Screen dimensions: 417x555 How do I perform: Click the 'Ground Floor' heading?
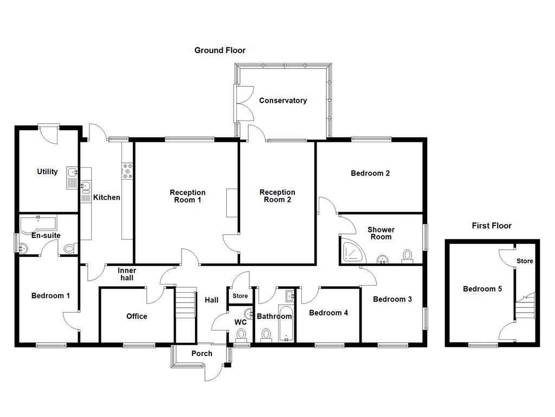click(220, 50)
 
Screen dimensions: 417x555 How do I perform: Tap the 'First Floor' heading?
click(491, 226)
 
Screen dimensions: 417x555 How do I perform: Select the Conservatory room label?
click(282, 100)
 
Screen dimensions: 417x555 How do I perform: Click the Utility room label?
click(47, 172)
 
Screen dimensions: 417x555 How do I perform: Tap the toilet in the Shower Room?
click(407, 256)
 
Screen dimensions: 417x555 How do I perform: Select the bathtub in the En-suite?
click(38, 223)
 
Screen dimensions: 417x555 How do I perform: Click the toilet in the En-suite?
click(69, 249)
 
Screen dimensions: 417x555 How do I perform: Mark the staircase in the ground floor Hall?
click(185, 304)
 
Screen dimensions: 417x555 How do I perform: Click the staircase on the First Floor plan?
click(525, 307)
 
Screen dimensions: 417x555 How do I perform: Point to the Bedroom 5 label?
click(482, 289)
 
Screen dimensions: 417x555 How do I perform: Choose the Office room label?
click(137, 316)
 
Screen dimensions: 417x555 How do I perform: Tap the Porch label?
click(202, 353)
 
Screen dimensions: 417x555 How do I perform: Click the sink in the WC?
click(249, 313)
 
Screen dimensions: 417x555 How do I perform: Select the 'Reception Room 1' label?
click(188, 196)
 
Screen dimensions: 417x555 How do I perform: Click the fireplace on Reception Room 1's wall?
click(232, 203)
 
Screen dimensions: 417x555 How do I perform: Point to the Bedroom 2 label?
click(370, 174)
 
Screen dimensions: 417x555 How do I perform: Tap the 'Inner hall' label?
click(127, 274)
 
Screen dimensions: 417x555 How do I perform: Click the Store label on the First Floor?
click(525, 261)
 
